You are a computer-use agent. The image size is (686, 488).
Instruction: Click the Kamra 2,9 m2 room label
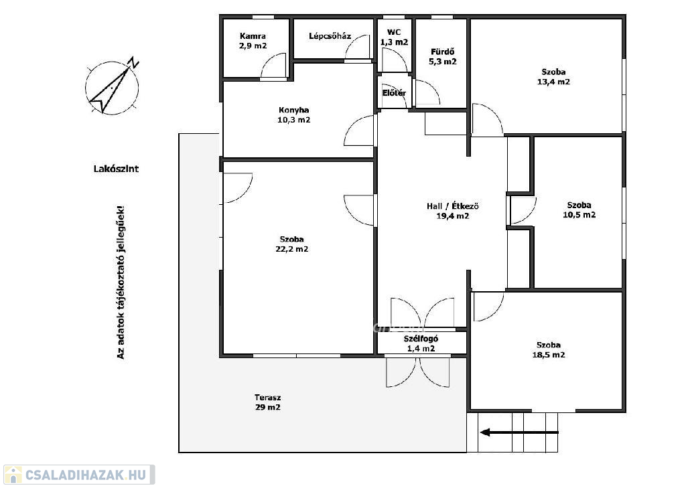coord(253,41)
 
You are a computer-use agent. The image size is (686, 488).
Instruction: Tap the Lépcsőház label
coord(330,36)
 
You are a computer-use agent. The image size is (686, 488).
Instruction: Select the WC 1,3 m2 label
coord(394,37)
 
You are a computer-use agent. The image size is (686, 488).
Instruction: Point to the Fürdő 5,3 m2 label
coord(443,56)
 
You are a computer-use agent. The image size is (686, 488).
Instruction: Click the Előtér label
coord(394,92)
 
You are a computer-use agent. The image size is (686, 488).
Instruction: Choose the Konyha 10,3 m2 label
coord(293,115)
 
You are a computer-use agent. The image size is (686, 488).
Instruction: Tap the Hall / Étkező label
coord(453,206)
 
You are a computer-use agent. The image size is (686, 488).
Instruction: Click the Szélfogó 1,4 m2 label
coord(421,343)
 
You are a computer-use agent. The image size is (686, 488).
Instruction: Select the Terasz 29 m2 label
coord(268,402)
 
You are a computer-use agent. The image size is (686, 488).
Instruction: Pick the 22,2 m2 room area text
coord(292,249)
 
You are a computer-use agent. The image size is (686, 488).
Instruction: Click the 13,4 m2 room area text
coord(553,82)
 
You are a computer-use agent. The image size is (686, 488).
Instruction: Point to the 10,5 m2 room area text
coord(579,215)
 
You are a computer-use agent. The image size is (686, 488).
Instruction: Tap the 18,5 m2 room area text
coord(549,355)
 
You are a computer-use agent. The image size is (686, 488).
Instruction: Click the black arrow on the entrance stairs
coord(519,432)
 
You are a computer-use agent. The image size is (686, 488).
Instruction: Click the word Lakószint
coord(116,168)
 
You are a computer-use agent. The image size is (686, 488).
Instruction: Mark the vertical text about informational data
coord(121,282)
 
